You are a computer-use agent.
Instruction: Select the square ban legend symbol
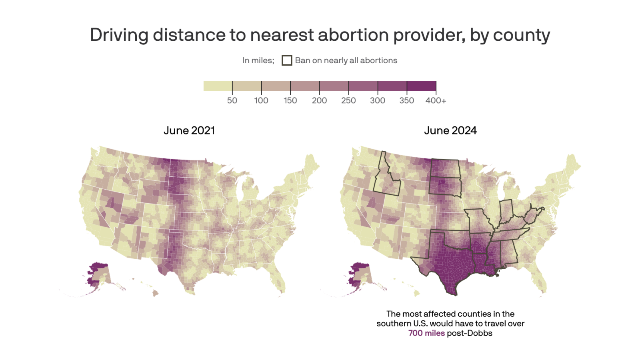click(x=287, y=60)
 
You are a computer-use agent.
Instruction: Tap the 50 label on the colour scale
click(x=232, y=100)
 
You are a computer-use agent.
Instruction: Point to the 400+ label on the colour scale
click(x=436, y=100)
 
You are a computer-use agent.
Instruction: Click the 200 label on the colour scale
click(x=319, y=100)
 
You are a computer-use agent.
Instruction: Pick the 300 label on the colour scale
click(x=378, y=100)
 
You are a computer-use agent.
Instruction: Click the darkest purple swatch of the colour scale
click(x=421, y=86)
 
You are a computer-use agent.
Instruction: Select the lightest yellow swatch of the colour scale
click(x=218, y=86)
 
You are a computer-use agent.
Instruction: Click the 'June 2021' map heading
click(x=189, y=130)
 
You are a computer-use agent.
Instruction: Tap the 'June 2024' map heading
click(x=450, y=130)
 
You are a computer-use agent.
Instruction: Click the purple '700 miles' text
click(x=426, y=333)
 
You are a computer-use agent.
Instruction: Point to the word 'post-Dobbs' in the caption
click(x=470, y=333)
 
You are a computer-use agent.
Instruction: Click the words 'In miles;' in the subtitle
click(x=258, y=60)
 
